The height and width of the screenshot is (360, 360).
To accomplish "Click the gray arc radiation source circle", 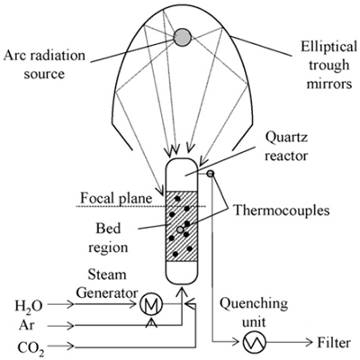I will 183,36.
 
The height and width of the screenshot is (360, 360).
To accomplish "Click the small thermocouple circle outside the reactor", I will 211,173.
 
